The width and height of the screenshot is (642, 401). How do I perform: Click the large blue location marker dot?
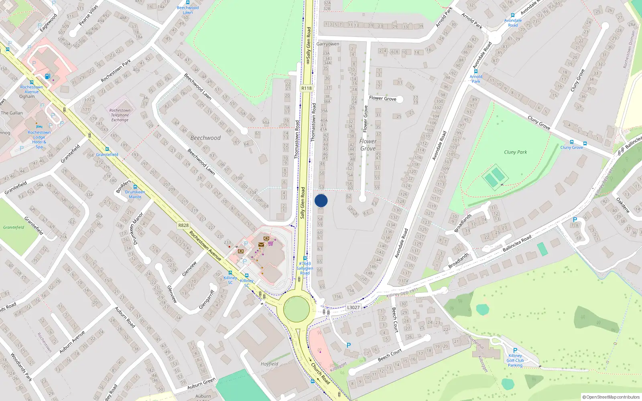[321, 200]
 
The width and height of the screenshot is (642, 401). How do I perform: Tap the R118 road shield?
[306, 88]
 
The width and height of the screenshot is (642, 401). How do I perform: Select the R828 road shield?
[183, 225]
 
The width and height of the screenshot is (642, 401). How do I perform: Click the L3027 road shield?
[353, 308]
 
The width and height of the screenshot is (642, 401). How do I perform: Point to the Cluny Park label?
[515, 152]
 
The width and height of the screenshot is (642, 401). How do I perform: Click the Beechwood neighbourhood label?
[205, 138]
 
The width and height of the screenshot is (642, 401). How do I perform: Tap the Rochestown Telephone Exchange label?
[120, 115]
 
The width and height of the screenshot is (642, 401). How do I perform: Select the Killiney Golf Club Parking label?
[515, 360]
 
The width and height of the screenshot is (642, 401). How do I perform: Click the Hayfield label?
[269, 364]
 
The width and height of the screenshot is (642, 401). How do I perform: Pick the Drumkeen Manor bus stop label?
[135, 194]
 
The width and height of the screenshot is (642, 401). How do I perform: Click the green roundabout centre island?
[297, 309]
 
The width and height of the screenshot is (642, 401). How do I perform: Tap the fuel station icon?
[47, 76]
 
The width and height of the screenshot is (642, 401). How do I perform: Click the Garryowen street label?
[328, 44]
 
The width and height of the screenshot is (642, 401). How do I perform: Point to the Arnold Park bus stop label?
[476, 79]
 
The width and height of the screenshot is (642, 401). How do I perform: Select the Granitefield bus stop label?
[107, 154]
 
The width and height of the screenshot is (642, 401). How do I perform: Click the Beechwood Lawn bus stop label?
[188, 10]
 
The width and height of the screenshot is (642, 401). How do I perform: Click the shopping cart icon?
[270, 243]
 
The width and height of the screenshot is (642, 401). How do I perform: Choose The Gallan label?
[12, 113]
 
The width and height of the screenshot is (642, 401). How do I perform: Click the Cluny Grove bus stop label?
[572, 147]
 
